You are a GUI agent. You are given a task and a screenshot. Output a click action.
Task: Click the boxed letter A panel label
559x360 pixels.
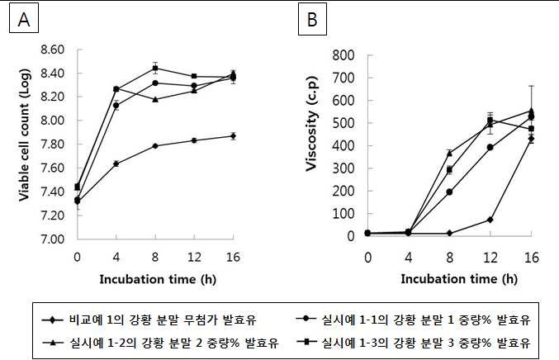24,19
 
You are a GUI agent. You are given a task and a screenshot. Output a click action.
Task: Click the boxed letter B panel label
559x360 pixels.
312,19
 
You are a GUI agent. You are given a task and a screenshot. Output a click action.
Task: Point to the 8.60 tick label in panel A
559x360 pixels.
52,50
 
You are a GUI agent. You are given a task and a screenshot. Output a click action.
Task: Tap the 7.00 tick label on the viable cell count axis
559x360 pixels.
52,239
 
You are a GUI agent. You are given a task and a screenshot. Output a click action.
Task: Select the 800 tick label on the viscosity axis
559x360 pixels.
343,55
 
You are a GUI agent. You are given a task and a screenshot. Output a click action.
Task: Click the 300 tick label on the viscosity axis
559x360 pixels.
343,168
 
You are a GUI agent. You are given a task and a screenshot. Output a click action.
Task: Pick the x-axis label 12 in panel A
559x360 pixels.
194,257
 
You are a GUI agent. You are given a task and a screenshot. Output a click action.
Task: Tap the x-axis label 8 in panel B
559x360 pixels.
449,258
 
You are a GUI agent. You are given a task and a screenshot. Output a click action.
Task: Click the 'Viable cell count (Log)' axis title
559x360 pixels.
24,135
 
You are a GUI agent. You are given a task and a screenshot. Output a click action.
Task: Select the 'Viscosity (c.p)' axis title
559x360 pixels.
311,124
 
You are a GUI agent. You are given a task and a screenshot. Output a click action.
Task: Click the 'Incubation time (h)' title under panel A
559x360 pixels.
158,279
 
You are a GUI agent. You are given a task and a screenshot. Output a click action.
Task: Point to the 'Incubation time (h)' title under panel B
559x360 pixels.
459,279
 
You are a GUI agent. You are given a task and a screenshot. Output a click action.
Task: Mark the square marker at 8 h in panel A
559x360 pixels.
155,68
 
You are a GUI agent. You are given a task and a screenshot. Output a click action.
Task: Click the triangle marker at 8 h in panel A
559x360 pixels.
155,99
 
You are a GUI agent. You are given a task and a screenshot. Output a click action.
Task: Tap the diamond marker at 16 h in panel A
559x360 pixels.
233,135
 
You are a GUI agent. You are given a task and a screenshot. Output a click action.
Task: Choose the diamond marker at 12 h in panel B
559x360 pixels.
490,220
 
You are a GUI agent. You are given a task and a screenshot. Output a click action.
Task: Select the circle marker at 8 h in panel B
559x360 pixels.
449,192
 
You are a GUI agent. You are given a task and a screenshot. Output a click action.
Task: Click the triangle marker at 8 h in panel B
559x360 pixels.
449,154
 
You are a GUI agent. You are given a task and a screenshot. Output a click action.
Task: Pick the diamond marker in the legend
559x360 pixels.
52,320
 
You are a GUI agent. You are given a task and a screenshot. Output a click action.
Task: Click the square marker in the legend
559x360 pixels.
306,342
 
